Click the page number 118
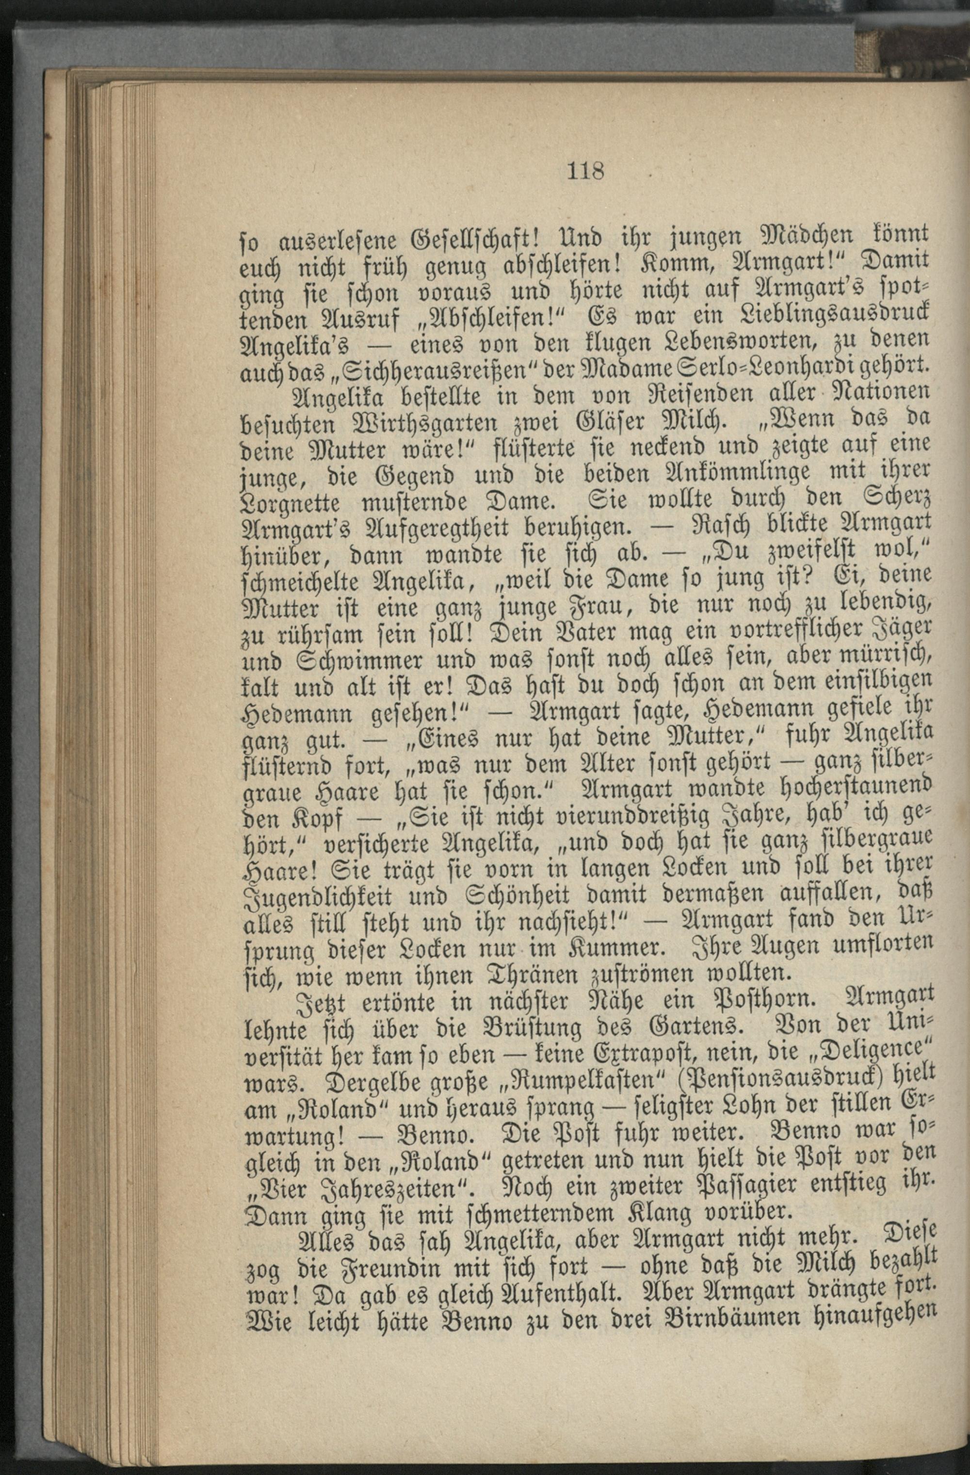pyautogui.click(x=585, y=170)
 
